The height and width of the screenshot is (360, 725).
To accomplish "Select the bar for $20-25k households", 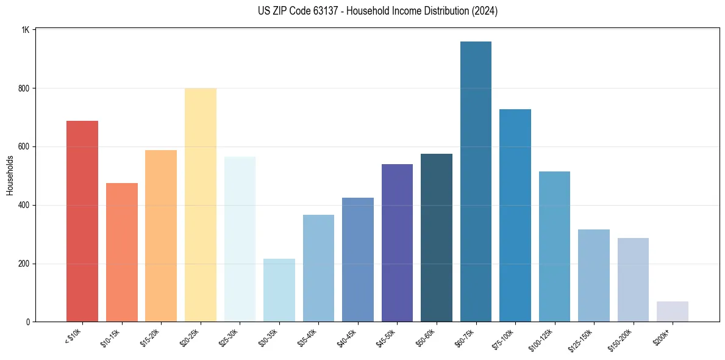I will coord(200,205).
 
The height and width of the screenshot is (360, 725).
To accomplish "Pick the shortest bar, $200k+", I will coord(672,312).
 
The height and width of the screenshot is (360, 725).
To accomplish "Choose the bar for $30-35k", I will coord(279,290).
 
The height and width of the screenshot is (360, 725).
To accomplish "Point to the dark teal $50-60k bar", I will coord(437,238).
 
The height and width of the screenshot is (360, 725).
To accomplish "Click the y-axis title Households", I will coord(10,175).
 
